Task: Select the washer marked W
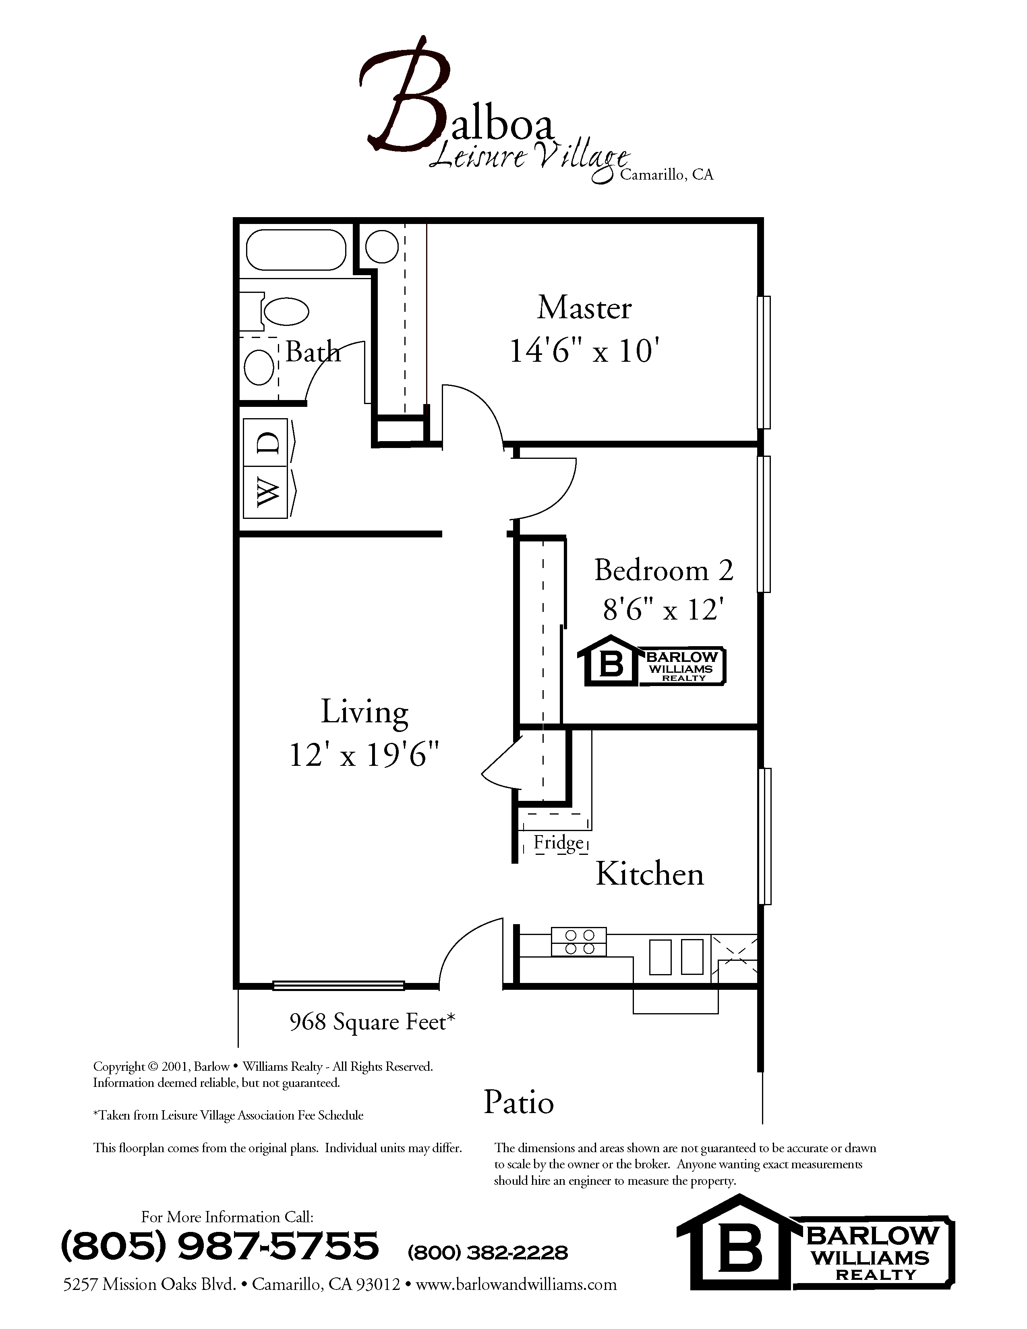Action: pos(265,492)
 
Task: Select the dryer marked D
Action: pos(265,442)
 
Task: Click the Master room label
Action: pos(584,308)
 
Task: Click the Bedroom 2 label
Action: pos(663,570)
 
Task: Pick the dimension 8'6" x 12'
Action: pos(663,609)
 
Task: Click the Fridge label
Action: pos(558,842)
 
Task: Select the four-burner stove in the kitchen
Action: pos(579,941)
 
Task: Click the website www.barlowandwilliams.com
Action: pos(516,1284)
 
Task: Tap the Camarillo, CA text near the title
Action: pos(666,175)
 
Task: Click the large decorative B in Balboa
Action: pos(405,97)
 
